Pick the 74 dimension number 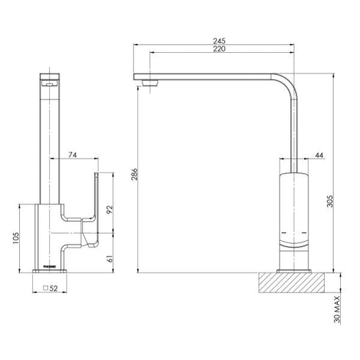point(72,154)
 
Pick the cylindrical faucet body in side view point(295,213)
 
